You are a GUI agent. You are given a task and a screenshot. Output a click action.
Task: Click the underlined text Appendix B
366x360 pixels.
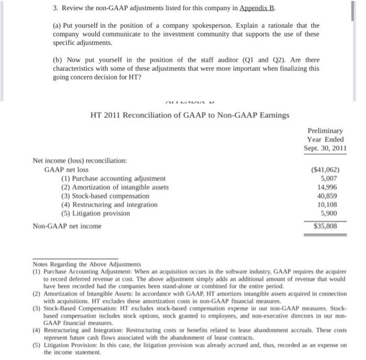point(258,10)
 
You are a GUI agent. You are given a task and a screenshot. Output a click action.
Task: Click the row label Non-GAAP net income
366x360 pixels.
point(67,226)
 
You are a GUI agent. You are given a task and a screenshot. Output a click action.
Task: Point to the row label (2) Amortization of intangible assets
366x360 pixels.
point(115,187)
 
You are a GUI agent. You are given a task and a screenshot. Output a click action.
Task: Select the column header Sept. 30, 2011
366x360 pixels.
point(325,149)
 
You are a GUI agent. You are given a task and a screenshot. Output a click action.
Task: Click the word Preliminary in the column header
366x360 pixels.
point(325,130)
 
